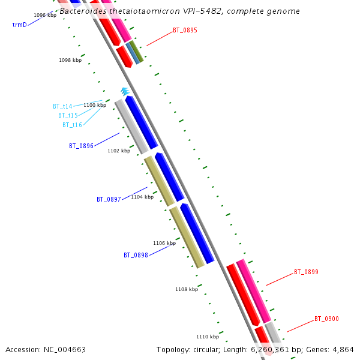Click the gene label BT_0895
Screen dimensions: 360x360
tap(185, 30)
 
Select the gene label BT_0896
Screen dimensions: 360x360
tap(81, 146)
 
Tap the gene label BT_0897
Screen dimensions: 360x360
tap(109, 199)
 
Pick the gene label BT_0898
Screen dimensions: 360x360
tap(136, 255)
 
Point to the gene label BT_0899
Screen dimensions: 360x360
tap(306, 272)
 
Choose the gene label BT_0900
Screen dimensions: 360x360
tap(326, 319)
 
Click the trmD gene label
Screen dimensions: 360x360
tap(19, 25)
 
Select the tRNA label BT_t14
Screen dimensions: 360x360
tap(62, 107)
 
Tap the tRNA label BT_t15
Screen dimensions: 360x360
tap(68, 115)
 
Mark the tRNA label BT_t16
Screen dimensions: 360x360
tap(72, 125)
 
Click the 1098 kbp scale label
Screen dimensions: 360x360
tap(70, 60)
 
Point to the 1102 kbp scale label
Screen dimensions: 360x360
tap(119, 151)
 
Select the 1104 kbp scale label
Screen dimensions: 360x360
tap(142, 197)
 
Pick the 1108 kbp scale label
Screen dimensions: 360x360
tap(187, 289)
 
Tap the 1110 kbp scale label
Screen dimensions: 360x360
tap(208, 337)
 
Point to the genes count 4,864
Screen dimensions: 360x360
tap(343, 350)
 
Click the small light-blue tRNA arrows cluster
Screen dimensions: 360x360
tap(125, 91)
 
